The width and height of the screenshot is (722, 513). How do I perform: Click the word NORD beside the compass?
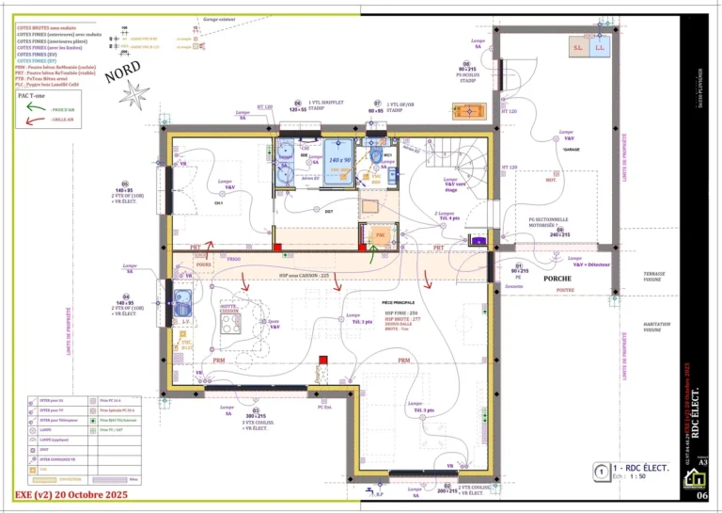tap(124, 72)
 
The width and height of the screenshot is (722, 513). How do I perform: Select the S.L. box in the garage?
tap(578, 46)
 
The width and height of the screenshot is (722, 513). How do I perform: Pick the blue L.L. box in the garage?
tap(601, 46)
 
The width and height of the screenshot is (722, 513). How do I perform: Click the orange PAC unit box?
tap(380, 232)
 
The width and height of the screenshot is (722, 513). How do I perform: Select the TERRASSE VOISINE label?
tap(654, 277)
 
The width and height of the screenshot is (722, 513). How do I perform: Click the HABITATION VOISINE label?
tap(656, 327)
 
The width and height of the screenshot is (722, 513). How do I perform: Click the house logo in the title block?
tap(691, 480)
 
